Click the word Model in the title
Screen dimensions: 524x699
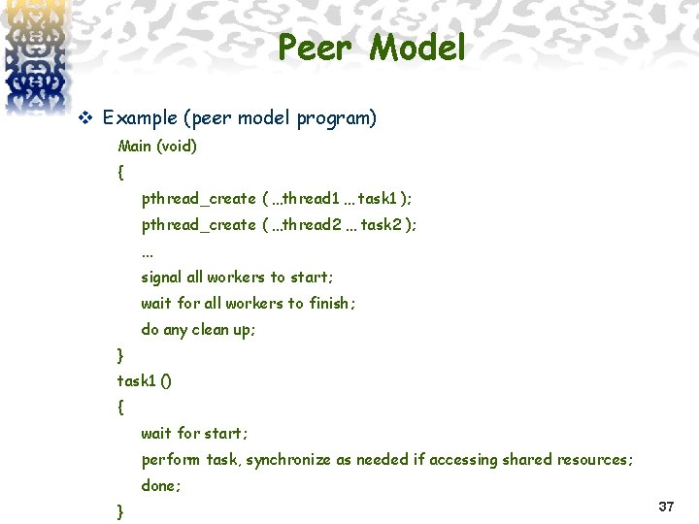pyautogui.click(x=418, y=48)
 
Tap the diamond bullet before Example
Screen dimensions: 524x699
pyautogui.click(x=84, y=119)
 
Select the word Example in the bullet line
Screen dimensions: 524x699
pyautogui.click(x=139, y=118)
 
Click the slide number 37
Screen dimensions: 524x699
pyautogui.click(x=666, y=507)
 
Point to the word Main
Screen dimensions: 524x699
pyautogui.click(x=136, y=147)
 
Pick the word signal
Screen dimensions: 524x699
pyautogui.click(x=162, y=278)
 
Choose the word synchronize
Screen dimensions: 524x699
pyautogui.click(x=288, y=460)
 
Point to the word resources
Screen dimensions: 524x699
pyautogui.click(x=592, y=460)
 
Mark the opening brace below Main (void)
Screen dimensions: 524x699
pyautogui.click(x=120, y=174)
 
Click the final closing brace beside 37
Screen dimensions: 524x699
pyautogui.click(x=120, y=511)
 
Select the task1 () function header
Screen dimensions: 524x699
pyautogui.click(x=145, y=381)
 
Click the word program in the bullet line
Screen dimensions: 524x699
pyautogui.click(x=338, y=119)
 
